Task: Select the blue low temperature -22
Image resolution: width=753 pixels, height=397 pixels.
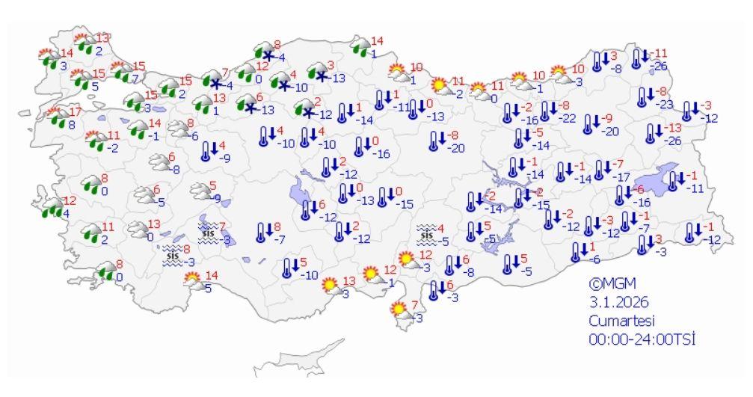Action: click(x=568, y=118)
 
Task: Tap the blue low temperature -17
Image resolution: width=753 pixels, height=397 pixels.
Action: click(x=620, y=177)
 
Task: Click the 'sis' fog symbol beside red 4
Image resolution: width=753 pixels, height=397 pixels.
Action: click(x=426, y=234)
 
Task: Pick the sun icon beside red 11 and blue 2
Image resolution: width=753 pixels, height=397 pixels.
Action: click(x=440, y=87)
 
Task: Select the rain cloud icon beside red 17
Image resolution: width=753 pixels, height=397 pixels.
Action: click(x=55, y=118)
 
